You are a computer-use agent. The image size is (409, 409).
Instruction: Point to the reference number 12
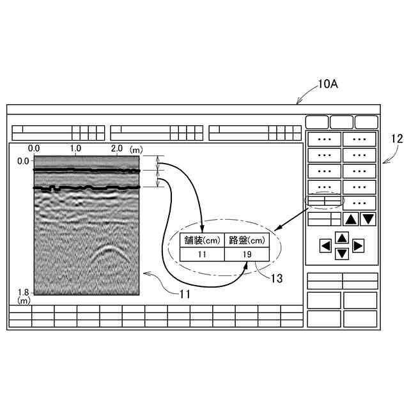397,137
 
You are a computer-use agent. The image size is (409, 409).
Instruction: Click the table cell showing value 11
202,254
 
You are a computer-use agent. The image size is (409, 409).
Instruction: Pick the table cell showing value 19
247,254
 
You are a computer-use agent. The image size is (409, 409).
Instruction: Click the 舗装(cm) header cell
202,240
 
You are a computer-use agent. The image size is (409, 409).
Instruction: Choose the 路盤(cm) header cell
247,240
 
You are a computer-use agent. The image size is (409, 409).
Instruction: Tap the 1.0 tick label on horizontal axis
75,148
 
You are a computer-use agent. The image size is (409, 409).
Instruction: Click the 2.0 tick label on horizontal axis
117,148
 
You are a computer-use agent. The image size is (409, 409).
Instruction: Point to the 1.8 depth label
23,291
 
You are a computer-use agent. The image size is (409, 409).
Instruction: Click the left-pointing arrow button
325,245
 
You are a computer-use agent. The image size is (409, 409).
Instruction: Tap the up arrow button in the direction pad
342,238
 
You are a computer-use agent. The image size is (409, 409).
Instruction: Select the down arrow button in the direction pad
342,254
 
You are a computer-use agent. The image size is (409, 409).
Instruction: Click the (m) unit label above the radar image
135,148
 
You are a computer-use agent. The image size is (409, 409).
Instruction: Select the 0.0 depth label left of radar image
23,161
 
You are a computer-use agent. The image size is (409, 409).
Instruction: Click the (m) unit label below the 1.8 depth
24,300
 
